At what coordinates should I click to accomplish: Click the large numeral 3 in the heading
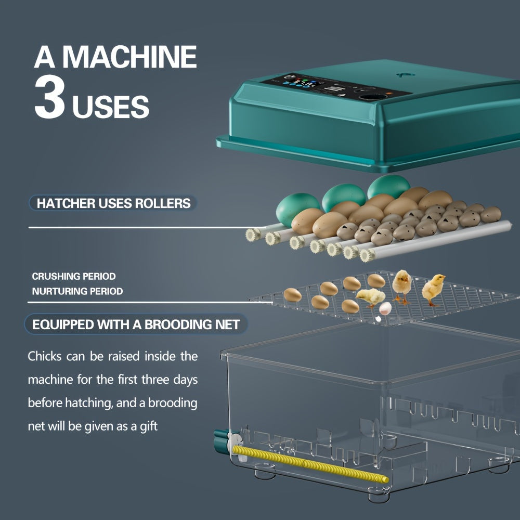tap(50, 97)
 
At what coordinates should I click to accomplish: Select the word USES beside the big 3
tap(111, 107)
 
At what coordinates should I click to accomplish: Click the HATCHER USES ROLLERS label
tap(113, 203)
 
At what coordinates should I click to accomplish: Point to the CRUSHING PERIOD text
tap(74, 276)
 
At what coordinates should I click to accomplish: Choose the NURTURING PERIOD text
tap(77, 291)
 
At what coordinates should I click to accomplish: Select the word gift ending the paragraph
tap(149, 426)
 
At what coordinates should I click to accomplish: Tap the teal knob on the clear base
tap(221, 441)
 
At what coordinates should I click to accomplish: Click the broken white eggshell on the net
tap(385, 308)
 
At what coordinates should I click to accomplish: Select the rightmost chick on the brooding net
tap(433, 289)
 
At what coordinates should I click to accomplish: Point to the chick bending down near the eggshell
tap(371, 297)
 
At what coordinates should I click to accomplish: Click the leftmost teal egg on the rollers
tap(296, 209)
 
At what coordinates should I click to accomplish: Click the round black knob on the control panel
tap(373, 97)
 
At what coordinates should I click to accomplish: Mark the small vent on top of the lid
tap(405, 75)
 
